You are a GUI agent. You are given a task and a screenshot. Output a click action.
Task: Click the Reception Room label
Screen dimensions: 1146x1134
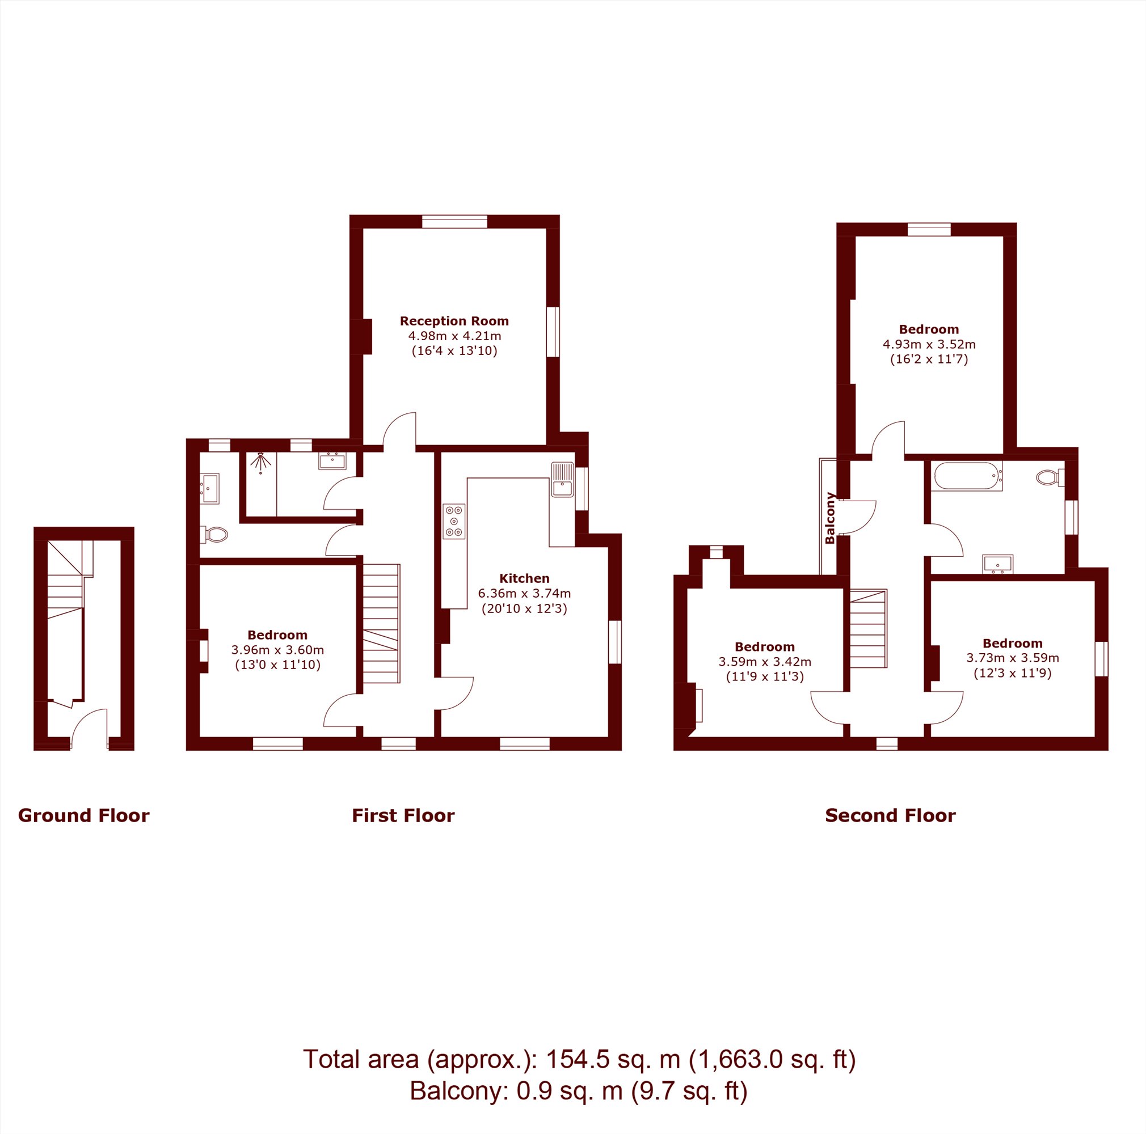click(x=454, y=321)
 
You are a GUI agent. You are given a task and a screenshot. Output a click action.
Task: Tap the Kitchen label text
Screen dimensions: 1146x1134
click(x=524, y=578)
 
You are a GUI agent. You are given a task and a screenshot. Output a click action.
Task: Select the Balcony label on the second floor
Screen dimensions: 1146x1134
click(x=830, y=518)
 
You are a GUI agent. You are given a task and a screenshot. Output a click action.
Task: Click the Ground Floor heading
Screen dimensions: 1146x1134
click(x=83, y=816)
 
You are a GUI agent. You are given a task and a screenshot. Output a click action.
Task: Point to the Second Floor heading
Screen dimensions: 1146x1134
click(x=890, y=816)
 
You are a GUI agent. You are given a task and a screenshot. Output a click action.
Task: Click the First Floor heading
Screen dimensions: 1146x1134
click(x=403, y=816)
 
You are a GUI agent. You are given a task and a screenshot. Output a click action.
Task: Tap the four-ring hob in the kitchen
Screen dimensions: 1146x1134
click(x=454, y=521)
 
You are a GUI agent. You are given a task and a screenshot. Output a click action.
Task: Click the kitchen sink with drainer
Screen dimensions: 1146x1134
click(x=562, y=480)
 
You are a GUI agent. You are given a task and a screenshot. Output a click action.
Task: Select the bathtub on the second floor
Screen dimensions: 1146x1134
click(x=968, y=476)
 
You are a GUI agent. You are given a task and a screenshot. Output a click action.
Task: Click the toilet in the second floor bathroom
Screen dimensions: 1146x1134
click(x=1050, y=477)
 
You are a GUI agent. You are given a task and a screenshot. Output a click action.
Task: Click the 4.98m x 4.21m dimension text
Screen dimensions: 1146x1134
click(x=454, y=336)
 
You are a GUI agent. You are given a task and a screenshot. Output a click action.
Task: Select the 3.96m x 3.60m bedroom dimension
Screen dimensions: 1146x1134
click(x=277, y=650)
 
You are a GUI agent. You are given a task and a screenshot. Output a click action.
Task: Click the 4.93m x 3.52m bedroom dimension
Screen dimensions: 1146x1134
click(x=929, y=344)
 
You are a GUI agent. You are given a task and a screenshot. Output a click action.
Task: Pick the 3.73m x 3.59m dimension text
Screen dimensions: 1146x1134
click(x=1012, y=658)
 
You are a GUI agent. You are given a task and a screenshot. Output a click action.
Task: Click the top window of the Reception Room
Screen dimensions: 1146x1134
click(x=454, y=222)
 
